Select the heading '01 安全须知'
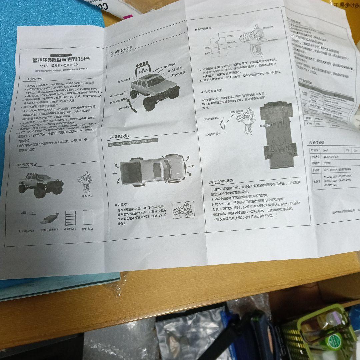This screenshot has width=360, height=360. click(35, 79)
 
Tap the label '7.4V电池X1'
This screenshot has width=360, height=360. click(27, 230)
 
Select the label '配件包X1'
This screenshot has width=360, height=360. click(88, 229)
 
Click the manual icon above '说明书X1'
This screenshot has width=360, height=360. click(70, 218)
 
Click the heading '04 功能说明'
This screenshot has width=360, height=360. click(119, 137)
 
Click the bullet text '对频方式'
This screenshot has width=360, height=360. click(123, 204)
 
